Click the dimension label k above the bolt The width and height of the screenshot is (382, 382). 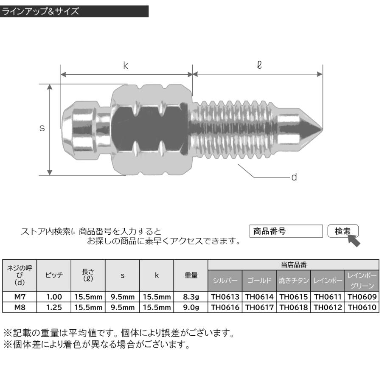(126, 66)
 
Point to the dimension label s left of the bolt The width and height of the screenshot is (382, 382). (42, 128)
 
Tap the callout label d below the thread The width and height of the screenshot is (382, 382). (294, 177)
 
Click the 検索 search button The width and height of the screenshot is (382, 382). (343, 231)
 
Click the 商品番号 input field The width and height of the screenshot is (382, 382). (286, 231)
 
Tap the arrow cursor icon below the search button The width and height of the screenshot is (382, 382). (354, 241)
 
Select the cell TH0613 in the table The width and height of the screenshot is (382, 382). (225, 297)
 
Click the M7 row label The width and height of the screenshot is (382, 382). (20, 297)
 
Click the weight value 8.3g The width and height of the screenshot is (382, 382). (191, 297)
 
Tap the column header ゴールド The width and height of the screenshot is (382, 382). (259, 281)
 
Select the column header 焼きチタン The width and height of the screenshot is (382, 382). (294, 281)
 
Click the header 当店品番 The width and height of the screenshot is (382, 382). (293, 264)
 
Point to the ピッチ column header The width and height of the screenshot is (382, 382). (54, 275)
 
